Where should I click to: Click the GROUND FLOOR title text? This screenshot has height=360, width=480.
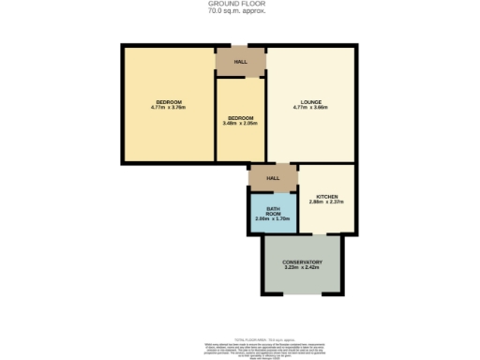click(240, 4)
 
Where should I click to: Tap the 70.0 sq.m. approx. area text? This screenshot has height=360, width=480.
click(240, 11)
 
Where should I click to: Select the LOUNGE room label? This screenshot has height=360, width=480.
click(311, 102)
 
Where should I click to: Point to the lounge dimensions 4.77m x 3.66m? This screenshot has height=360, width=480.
click(311, 109)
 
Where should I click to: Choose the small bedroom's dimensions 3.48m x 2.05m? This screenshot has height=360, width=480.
click(240, 123)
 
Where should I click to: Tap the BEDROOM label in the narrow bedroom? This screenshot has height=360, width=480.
click(240, 116)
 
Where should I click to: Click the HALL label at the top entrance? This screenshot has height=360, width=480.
click(240, 61)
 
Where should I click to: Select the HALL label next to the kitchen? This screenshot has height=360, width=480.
click(273, 177)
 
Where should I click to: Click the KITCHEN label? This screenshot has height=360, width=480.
click(327, 196)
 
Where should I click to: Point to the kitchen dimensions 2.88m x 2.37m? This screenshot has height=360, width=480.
click(327, 202)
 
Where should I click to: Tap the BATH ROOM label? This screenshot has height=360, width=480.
click(273, 210)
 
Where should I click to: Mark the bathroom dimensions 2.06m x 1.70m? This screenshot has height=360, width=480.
click(273, 219)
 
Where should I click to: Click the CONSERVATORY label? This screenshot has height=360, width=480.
click(302, 262)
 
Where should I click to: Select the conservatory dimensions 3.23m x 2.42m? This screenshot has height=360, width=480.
click(302, 268)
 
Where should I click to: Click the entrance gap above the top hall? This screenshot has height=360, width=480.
click(240, 44)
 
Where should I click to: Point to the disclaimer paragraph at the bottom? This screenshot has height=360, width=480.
click(240, 348)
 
